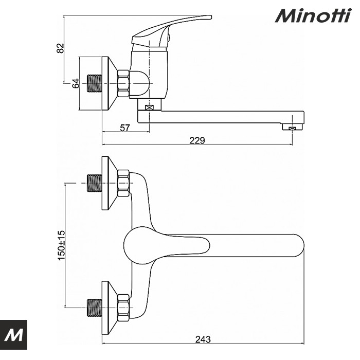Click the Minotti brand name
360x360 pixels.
312,15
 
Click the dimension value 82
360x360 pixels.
61,48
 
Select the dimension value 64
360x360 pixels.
76,83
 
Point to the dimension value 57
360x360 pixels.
125,128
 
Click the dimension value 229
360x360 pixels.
197,140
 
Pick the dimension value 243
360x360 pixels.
203,339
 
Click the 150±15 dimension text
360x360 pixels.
61,244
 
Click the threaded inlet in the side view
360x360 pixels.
94,83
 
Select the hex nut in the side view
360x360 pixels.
123,83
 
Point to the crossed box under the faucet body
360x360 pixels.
150,109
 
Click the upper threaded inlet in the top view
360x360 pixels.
94,183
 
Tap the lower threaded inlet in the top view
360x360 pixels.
94,308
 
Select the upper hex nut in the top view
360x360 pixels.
123,183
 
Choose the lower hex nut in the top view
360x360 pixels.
123,308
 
